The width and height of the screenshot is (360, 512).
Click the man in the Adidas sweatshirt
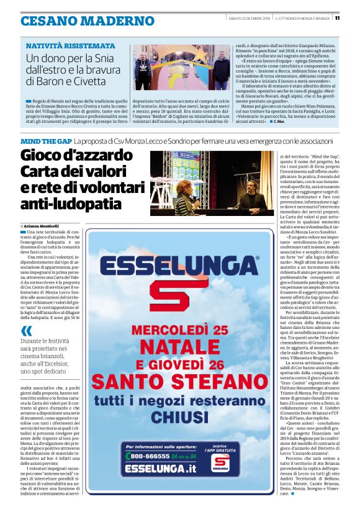144,69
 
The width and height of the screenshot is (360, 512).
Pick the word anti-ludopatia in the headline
71,203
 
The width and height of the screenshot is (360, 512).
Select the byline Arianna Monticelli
42,226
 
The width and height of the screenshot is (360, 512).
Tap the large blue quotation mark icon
27,330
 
